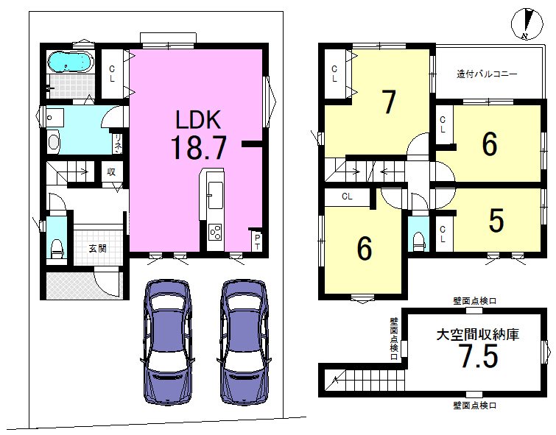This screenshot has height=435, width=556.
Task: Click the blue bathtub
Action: coord(71,62)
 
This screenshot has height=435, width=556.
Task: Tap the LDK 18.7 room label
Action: coord(199,135)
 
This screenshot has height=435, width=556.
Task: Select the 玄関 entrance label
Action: coord(97,249)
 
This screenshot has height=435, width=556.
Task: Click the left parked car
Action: coord(167,342)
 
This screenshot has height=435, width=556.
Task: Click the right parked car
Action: coord(244,342)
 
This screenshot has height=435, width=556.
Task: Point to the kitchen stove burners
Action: coord(215,232)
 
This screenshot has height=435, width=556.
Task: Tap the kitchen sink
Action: coord(215,195)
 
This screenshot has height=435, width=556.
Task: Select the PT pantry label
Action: coord(258,241)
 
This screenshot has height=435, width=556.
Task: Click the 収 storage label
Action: coord(111,172)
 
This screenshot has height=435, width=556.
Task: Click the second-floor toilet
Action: coord(418,241)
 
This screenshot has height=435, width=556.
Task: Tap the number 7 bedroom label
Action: coord(389,102)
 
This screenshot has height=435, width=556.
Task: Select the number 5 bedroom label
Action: coord(496,220)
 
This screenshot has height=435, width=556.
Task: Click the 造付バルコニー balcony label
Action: coord(487,74)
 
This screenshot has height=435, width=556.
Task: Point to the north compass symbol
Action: coord(527,24)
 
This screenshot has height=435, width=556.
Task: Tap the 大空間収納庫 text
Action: coord(478,334)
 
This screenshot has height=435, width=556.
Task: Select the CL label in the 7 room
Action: coord(334,74)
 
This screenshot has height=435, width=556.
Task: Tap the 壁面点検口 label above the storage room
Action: coord(474,301)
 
